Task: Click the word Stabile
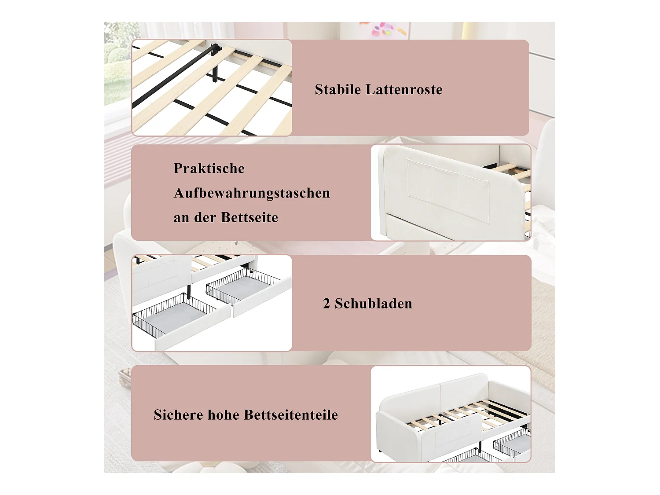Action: click(338, 89)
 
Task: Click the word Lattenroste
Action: click(404, 89)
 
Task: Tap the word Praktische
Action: click(209, 169)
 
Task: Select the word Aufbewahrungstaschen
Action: click(252, 193)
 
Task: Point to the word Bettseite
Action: click(249, 217)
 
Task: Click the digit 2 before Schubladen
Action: click(326, 304)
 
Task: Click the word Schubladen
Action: click(374, 304)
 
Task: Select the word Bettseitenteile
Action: click(291, 415)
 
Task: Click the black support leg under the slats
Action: click(215, 64)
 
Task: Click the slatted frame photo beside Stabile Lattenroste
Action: click(212, 88)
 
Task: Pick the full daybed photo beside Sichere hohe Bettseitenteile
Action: click(451, 414)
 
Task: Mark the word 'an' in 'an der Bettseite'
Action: click(181, 218)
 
